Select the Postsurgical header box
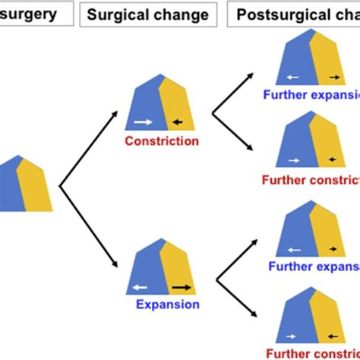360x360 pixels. [292, 14]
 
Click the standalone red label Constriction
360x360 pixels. [162, 141]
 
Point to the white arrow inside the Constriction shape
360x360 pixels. [141, 121]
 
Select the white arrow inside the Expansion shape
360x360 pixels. [138, 286]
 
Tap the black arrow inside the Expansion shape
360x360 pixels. [180, 286]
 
